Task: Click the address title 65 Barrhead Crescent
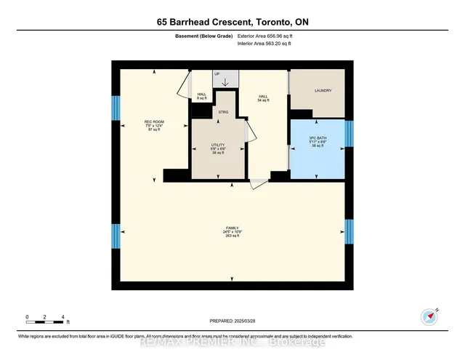click(232, 23)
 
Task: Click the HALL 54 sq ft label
click(264, 97)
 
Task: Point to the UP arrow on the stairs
click(225, 81)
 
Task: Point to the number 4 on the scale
click(64, 318)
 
